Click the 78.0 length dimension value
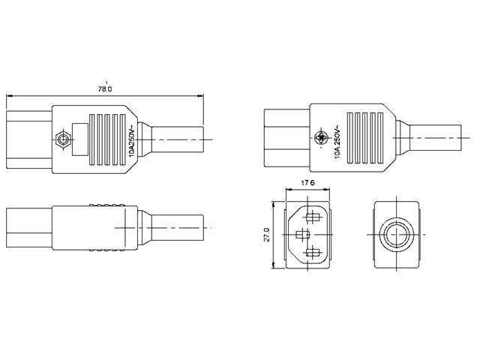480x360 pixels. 105,88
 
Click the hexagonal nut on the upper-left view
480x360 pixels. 63,139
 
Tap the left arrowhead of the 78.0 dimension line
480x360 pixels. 8,96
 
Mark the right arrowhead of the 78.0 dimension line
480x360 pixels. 201,96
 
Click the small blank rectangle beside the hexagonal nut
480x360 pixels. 79,139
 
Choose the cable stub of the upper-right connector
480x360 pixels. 435,139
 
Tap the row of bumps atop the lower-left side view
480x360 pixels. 105,205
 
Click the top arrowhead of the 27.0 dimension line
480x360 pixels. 274,204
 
